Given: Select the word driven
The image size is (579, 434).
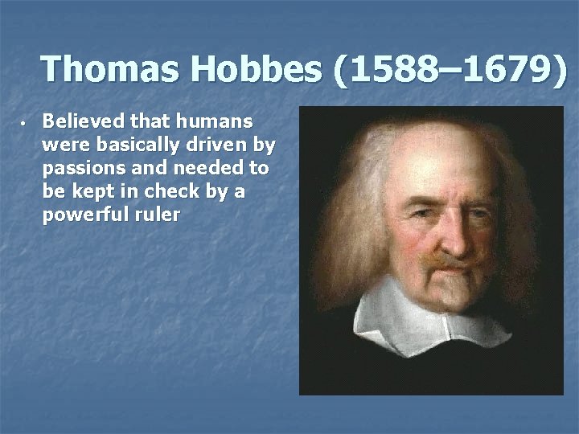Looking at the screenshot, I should (216, 146).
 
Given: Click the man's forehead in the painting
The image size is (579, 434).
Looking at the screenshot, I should (446, 165).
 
